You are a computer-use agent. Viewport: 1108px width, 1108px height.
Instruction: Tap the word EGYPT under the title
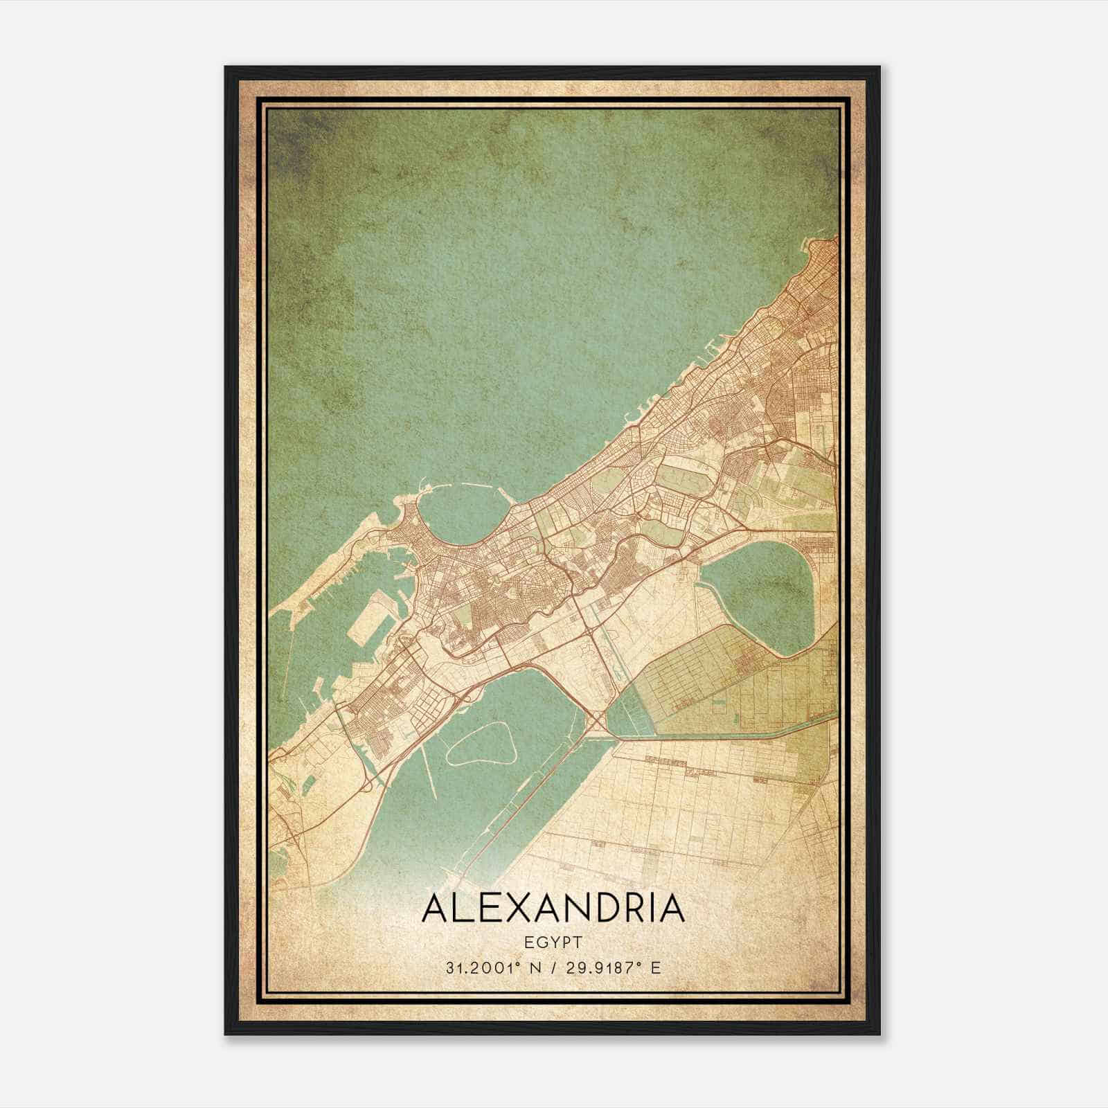coord(553,942)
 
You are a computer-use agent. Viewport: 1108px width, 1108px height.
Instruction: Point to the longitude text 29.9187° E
coord(613,967)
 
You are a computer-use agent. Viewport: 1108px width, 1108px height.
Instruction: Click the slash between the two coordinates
coord(553,967)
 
